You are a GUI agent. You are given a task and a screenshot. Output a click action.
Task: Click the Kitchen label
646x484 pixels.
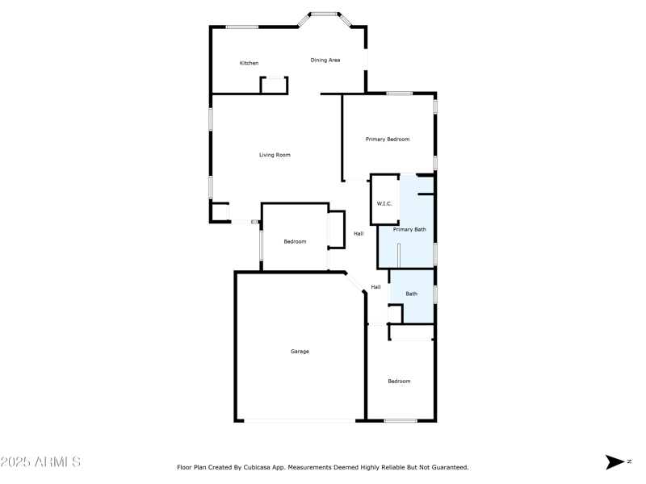249,63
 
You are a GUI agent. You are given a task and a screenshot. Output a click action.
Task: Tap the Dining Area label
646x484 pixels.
325,60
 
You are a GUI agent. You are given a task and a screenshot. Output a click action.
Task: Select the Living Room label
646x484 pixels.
275,155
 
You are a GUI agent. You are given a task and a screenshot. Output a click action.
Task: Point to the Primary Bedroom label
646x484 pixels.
388,140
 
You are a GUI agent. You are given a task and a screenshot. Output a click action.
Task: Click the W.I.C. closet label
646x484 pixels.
384,203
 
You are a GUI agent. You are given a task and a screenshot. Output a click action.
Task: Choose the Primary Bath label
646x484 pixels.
409,230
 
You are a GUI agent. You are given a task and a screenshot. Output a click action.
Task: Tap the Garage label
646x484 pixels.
300,352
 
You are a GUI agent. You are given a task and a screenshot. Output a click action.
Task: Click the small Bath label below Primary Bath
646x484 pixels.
412,294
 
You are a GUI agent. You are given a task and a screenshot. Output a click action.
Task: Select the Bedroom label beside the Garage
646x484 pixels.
399,382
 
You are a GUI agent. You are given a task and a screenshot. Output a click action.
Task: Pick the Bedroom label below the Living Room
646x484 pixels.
295,242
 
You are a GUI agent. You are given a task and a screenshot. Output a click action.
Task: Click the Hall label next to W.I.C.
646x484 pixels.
359,234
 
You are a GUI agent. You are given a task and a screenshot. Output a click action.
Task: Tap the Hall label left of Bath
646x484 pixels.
375,287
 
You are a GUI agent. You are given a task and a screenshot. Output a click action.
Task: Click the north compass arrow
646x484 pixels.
615,462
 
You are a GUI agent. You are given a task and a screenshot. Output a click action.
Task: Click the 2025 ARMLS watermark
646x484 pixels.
40,462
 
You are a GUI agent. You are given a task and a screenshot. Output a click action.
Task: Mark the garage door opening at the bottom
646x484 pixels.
300,420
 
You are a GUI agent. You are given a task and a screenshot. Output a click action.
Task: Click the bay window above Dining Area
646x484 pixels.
325,14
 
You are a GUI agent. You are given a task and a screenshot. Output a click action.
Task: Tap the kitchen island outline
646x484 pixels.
274,85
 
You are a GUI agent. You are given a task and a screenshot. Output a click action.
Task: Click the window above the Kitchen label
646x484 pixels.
241,27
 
